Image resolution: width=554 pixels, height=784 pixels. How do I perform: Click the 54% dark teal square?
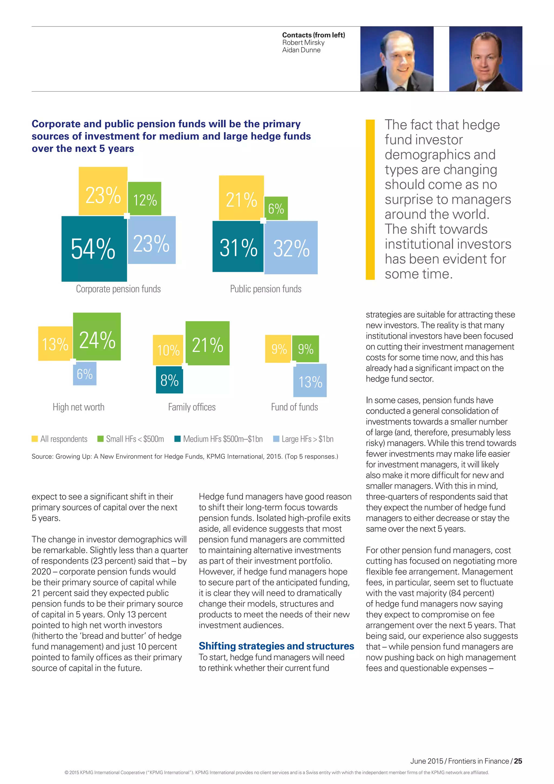coord(94,249)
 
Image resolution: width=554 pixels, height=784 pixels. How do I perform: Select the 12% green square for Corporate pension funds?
coord(145,199)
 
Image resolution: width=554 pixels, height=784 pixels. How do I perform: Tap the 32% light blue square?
coord(291,247)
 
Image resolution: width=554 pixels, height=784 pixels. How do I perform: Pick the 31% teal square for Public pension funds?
coord(238,247)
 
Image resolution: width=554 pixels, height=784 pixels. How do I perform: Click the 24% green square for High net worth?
coord(97,337)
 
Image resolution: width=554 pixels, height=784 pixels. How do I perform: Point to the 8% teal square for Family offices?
coord(170,380)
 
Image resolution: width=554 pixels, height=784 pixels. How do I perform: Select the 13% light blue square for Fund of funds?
coord(310,380)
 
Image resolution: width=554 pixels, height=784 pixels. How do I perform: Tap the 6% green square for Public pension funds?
coord(276,208)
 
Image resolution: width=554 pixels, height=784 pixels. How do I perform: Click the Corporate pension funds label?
coord(118,289)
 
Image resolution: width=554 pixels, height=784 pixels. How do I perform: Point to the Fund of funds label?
coord(294,407)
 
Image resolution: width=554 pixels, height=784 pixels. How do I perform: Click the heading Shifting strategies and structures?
coord(276,646)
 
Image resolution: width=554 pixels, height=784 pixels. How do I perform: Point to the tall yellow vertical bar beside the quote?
coord(370,200)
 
